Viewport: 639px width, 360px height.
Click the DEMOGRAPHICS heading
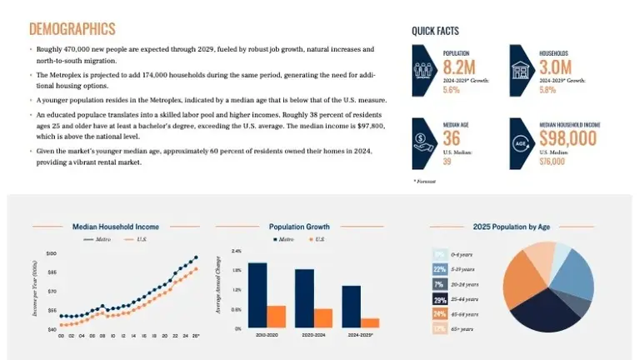(72, 29)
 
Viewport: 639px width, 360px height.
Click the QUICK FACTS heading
(435, 31)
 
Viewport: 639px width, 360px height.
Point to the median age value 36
(452, 138)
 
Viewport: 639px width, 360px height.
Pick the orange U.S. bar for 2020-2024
(323, 317)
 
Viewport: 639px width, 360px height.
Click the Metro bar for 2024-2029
(352, 306)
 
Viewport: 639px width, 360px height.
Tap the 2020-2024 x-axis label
(313, 334)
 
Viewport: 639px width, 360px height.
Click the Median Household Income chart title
(116, 226)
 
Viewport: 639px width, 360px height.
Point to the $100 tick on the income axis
(51, 252)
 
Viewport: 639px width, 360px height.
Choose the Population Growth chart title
(299, 226)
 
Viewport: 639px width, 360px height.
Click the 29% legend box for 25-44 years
(439, 298)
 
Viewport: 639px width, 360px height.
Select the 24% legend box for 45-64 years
(439, 313)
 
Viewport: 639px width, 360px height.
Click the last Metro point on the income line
(196, 257)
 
